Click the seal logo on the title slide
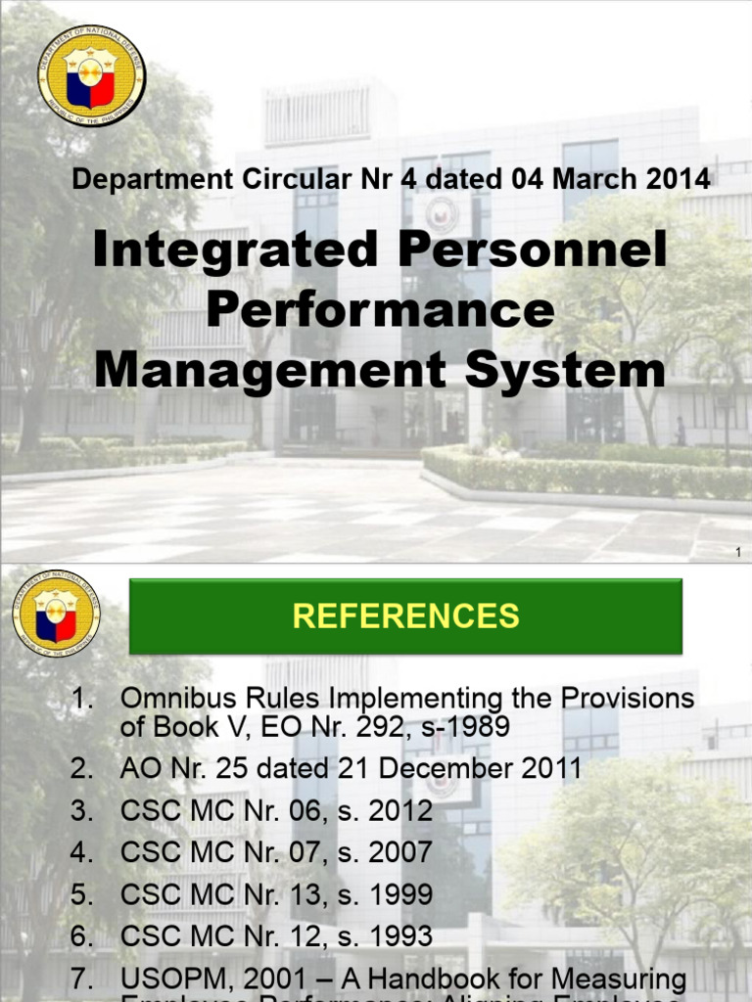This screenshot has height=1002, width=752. (x=91, y=76)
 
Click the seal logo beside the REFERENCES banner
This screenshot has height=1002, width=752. (x=56, y=614)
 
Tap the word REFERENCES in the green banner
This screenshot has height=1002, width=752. (x=406, y=615)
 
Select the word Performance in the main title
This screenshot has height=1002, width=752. (x=381, y=311)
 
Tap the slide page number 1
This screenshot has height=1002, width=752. (x=736, y=554)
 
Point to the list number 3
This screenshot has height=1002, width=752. (x=81, y=811)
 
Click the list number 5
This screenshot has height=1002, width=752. (x=81, y=894)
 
